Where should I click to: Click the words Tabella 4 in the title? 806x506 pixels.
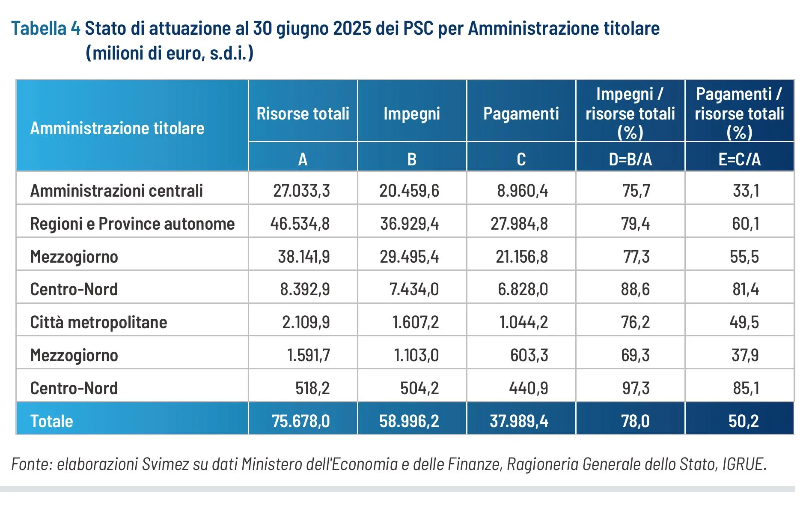coord(45,29)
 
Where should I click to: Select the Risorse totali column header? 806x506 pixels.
coord(303,114)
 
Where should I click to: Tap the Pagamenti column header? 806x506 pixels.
coord(521,114)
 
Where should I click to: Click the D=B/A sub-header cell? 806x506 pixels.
coord(630,159)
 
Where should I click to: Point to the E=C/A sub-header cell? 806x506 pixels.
coord(739,159)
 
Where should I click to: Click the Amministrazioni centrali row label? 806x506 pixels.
coord(116,191)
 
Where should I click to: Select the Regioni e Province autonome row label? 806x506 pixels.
coord(132,224)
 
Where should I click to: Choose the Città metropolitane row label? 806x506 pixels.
coord(98,322)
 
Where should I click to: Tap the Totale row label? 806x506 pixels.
coord(51,421)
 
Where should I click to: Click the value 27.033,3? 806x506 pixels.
coord(301,191)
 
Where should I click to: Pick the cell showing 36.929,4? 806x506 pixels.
coord(409,224)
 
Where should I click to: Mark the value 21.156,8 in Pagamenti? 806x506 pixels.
coord(521,257)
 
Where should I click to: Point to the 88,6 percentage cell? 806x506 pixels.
coord(635,289)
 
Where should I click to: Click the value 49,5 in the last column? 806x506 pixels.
coord(744,322)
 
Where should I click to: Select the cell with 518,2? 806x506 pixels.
coord(312,388)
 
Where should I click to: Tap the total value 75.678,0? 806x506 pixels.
coord(300,421)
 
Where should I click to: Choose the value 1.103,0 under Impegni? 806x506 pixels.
coord(416,355)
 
